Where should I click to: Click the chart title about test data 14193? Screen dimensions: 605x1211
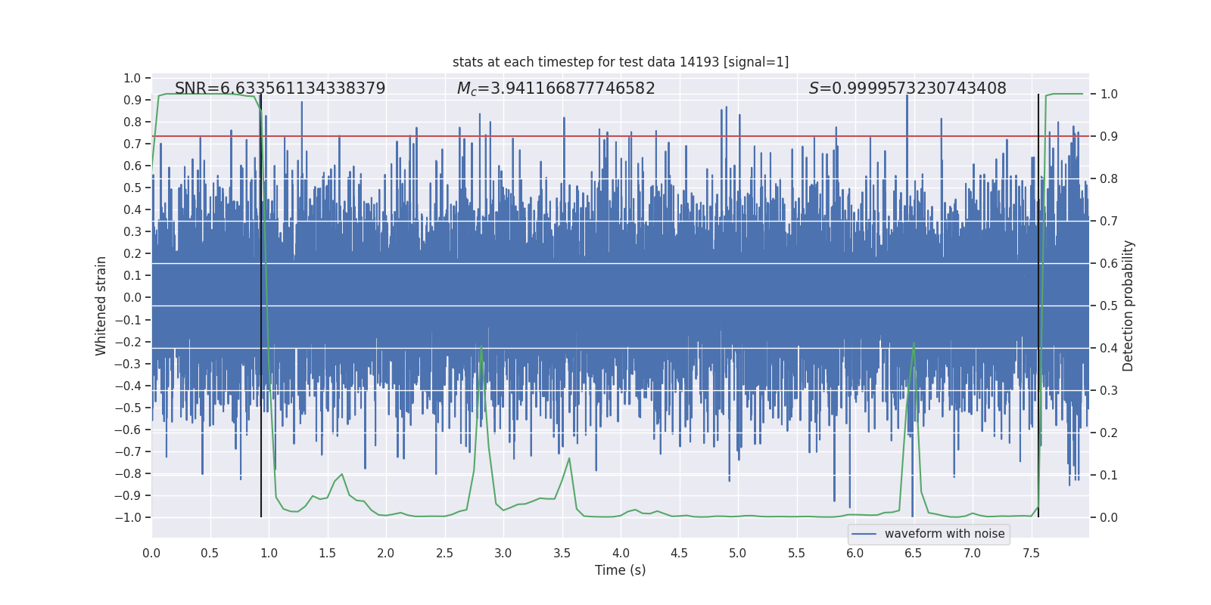[x=621, y=62]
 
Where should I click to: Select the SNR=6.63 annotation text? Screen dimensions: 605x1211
[x=280, y=88]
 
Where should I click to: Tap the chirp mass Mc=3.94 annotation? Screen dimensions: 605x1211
[x=556, y=88]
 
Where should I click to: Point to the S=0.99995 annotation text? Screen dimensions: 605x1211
[x=907, y=88]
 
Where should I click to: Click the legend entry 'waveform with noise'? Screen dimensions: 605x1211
[x=944, y=534]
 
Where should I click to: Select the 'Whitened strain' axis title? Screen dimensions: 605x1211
[x=101, y=306]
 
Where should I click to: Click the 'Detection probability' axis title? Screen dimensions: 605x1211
[x=1129, y=306]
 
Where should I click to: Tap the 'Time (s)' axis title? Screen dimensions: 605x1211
[x=620, y=570]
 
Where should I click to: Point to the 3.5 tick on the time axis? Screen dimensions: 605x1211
[x=562, y=553]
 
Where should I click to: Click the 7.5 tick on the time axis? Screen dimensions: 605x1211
[x=1031, y=553]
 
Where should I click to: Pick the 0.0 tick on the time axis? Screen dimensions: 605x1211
[x=151, y=553]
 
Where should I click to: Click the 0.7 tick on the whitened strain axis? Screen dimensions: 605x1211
[x=132, y=144]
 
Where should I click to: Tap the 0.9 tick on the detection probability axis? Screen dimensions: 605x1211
[x=1109, y=136]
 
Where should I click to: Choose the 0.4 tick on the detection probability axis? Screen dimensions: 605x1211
[x=1109, y=348]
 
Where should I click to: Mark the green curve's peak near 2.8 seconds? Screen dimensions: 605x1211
[x=481, y=347]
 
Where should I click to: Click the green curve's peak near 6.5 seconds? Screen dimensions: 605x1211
[x=914, y=343]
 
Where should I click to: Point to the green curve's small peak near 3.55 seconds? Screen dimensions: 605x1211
[x=569, y=458]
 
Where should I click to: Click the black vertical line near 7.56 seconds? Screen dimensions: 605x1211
[x=1038, y=302]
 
